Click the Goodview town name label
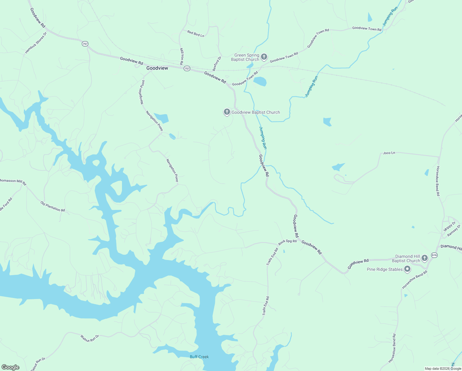click(x=157, y=68)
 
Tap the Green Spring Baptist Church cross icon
click(x=264, y=57)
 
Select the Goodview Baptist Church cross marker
click(x=227, y=112)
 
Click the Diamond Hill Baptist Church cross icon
click(x=425, y=258)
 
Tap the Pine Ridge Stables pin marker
click(x=407, y=269)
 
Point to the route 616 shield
click(x=435, y=255)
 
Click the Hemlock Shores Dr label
click(x=36, y=43)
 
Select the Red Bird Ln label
click(x=195, y=34)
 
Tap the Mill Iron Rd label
click(x=182, y=56)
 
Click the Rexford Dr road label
click(x=217, y=63)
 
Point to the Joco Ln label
click(x=389, y=153)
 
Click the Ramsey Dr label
click(x=454, y=231)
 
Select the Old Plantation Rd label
click(x=52, y=207)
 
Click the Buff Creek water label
click(x=199, y=357)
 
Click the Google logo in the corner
click(x=10, y=367)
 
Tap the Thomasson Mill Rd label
click(x=13, y=181)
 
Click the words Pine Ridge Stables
click(x=384, y=269)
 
